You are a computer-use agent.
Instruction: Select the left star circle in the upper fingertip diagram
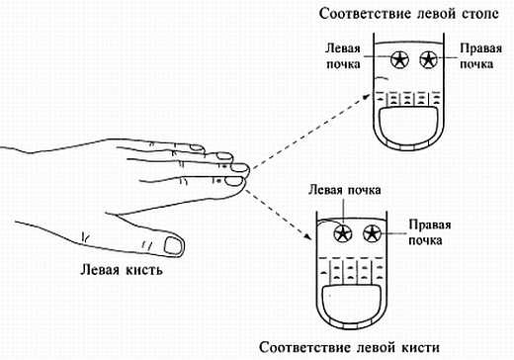[401, 59]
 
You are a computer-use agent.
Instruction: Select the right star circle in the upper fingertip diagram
[429, 59]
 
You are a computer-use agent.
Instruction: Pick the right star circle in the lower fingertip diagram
[372, 233]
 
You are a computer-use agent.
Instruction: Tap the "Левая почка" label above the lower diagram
[344, 189]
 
